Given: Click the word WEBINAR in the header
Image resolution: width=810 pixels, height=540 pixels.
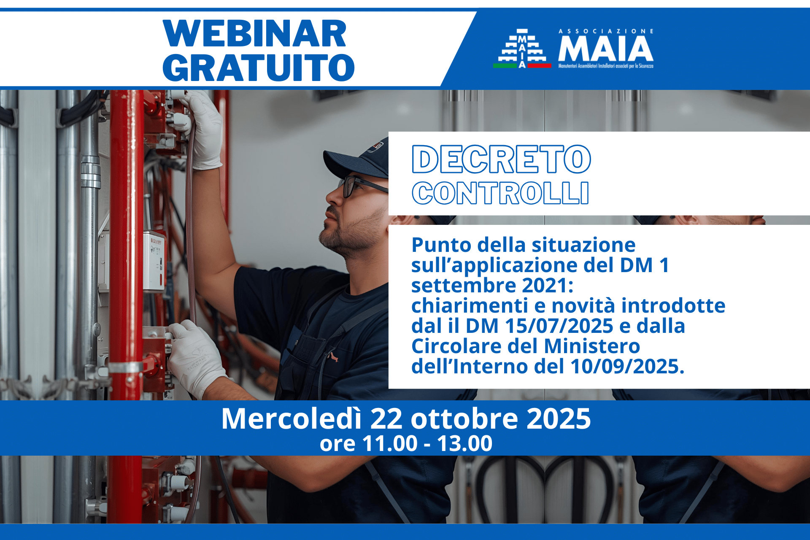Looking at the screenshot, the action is pos(254,33).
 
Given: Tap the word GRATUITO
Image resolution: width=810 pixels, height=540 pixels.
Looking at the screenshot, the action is pos(258,67).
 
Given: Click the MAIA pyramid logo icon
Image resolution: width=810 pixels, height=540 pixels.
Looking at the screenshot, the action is pos(522,49).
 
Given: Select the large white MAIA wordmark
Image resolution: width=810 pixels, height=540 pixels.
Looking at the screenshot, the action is pos(606,49).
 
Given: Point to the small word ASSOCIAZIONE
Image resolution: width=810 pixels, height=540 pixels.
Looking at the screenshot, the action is pos(606,31).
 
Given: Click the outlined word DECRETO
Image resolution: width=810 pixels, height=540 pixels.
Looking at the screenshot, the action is pos(501,159).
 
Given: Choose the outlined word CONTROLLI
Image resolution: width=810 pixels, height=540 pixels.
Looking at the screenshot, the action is pos(500,193).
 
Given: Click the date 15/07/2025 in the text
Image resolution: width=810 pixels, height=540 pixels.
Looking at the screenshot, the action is pos(559,326).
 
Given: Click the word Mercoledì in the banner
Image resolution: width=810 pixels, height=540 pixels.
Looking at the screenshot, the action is pos(292,418).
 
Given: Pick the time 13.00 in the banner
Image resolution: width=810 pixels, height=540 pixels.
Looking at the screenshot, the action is pos(464,443).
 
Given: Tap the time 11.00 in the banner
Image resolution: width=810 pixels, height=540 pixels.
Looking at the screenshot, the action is pos(390,443).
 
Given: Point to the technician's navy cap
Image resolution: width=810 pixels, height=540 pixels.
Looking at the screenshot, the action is pos(356,159).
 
